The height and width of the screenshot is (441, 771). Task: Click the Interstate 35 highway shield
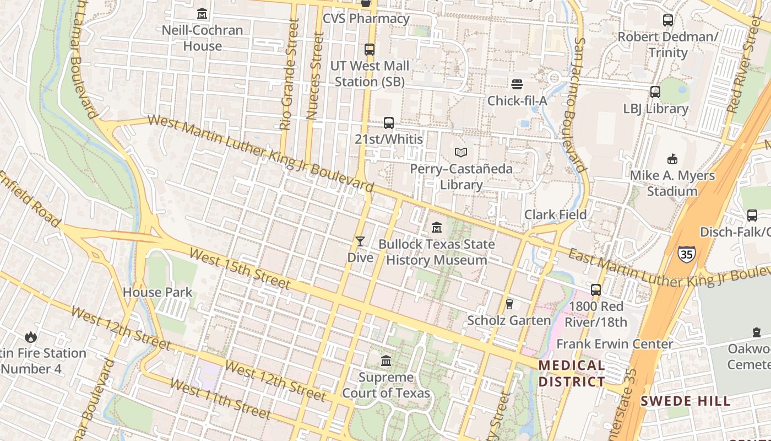(x=686, y=254)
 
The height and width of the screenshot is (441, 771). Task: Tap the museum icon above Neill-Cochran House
(x=202, y=13)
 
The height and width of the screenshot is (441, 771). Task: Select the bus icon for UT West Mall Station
(x=370, y=50)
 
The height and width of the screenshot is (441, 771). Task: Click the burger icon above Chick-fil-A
(x=517, y=84)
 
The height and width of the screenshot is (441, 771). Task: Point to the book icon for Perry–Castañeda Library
(x=461, y=152)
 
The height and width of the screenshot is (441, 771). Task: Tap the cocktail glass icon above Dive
(x=360, y=241)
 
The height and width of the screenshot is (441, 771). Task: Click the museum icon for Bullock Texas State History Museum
(x=437, y=227)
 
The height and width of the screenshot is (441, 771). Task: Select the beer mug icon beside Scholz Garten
(x=509, y=304)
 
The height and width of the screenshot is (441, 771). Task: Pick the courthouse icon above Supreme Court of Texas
(x=386, y=361)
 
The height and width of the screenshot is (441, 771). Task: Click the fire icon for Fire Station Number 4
(x=30, y=336)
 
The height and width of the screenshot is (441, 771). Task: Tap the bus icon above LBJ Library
(x=655, y=92)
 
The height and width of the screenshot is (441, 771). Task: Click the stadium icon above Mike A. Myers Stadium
(x=672, y=159)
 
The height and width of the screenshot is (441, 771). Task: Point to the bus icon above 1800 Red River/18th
(x=596, y=290)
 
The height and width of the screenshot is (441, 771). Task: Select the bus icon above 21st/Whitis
(x=389, y=123)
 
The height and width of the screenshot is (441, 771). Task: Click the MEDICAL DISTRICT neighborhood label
(x=571, y=373)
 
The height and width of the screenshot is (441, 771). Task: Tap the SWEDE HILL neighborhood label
(x=685, y=401)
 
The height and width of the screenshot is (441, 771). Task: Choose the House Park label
(x=158, y=292)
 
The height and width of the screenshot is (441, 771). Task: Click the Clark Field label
(x=555, y=214)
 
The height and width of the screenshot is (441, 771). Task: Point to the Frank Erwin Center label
(x=615, y=344)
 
